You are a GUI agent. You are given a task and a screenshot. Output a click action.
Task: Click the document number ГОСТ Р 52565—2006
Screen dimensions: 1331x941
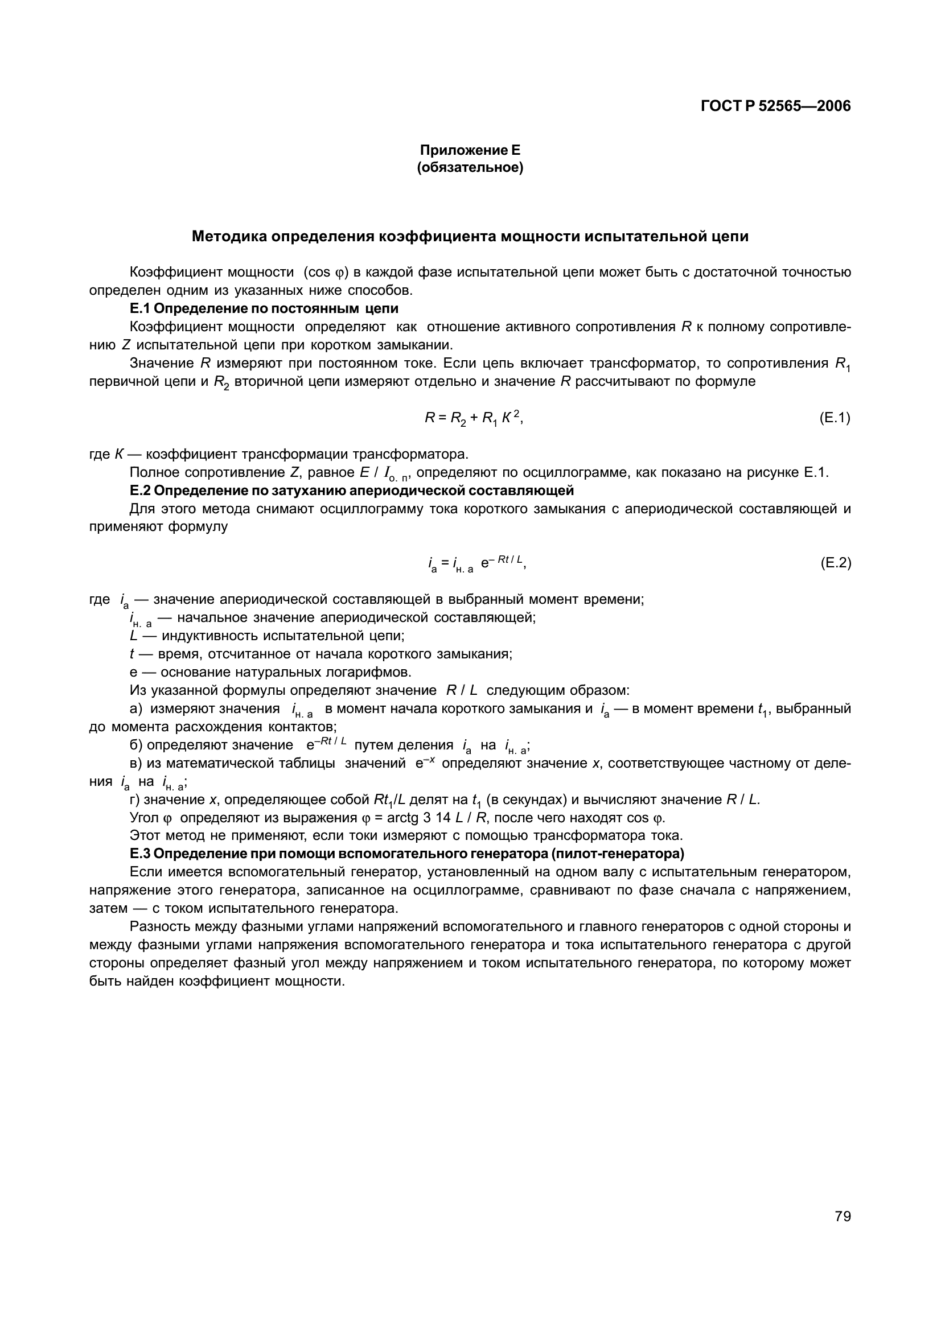click(x=775, y=106)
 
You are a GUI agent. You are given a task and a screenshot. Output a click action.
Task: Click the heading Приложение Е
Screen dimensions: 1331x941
click(x=470, y=150)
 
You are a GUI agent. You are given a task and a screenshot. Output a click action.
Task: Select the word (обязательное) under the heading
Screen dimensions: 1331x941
click(x=470, y=168)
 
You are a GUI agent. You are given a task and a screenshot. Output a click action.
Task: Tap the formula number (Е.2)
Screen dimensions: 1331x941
click(x=835, y=563)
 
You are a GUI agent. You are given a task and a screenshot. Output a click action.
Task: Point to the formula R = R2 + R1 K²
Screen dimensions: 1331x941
click(x=474, y=418)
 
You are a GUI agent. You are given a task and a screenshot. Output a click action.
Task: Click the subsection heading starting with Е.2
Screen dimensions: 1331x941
click(x=351, y=491)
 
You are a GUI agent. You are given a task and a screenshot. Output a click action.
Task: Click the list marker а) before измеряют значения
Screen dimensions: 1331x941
click(x=136, y=708)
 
